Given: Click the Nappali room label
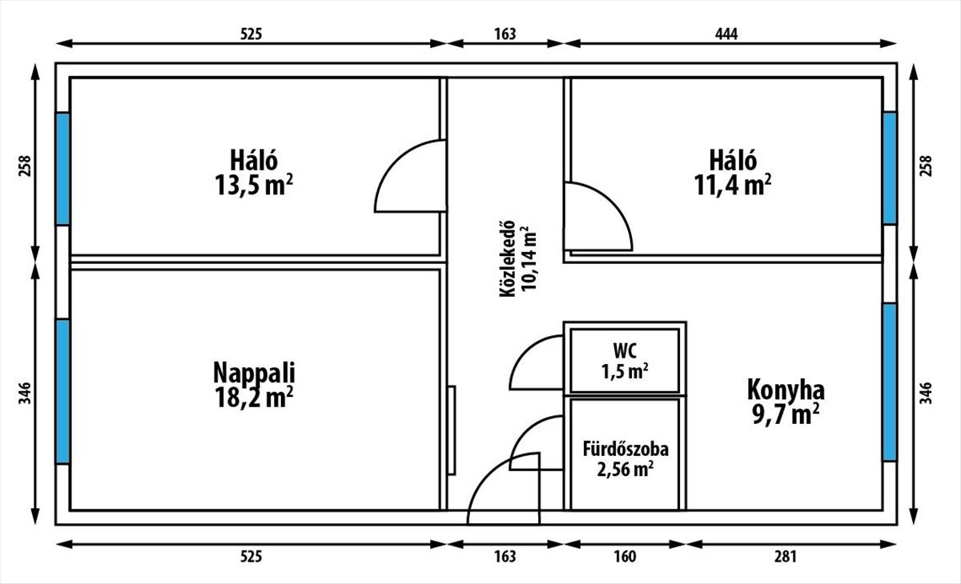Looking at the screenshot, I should [254, 373].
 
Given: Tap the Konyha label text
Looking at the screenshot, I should [786, 390].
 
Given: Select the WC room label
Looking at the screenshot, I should [625, 350].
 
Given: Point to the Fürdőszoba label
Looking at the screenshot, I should [625, 449].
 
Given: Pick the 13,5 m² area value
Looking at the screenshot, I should [253, 185].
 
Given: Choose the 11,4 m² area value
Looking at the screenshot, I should [733, 185].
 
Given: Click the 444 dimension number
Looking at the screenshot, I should [726, 34].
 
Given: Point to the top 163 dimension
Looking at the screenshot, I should [505, 34].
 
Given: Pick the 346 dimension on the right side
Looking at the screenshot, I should [927, 393].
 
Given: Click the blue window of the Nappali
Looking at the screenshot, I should [62, 391].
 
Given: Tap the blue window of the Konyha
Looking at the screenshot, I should [889, 382].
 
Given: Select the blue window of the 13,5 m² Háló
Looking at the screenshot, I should [62, 168].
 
